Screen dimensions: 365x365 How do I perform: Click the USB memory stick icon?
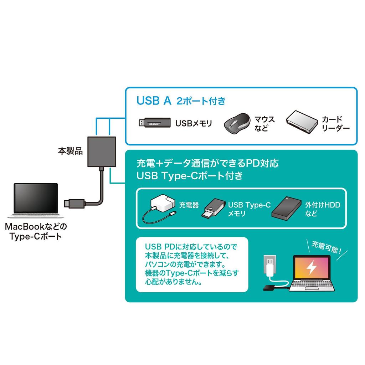[154, 123]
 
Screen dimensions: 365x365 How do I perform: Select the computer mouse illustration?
[236, 124]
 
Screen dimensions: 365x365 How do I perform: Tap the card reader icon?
[302, 123]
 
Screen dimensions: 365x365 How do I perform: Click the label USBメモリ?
[194, 124]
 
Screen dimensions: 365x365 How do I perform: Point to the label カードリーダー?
[335, 124]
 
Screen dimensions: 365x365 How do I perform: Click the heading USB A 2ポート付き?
[181, 101]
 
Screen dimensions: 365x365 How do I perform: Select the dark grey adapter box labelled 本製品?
[101, 152]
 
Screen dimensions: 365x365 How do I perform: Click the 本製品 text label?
[70, 151]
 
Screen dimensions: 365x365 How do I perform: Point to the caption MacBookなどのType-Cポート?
[36, 231]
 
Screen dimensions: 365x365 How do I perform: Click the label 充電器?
[189, 205]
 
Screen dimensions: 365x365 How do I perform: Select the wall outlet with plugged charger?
[270, 267]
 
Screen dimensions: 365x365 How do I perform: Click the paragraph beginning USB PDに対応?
[192, 264]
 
